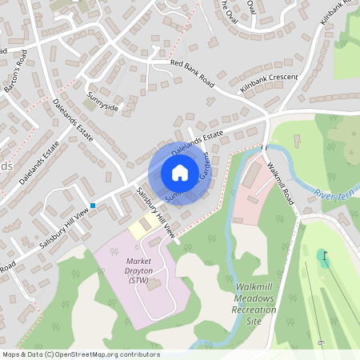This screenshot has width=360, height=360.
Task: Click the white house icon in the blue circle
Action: coord(180,173)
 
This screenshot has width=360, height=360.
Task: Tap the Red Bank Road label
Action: coord(193,72)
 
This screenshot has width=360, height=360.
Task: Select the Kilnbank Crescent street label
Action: coord(269,82)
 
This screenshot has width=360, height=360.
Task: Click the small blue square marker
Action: coord(93,206)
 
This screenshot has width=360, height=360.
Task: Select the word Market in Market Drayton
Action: coord(138,261)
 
